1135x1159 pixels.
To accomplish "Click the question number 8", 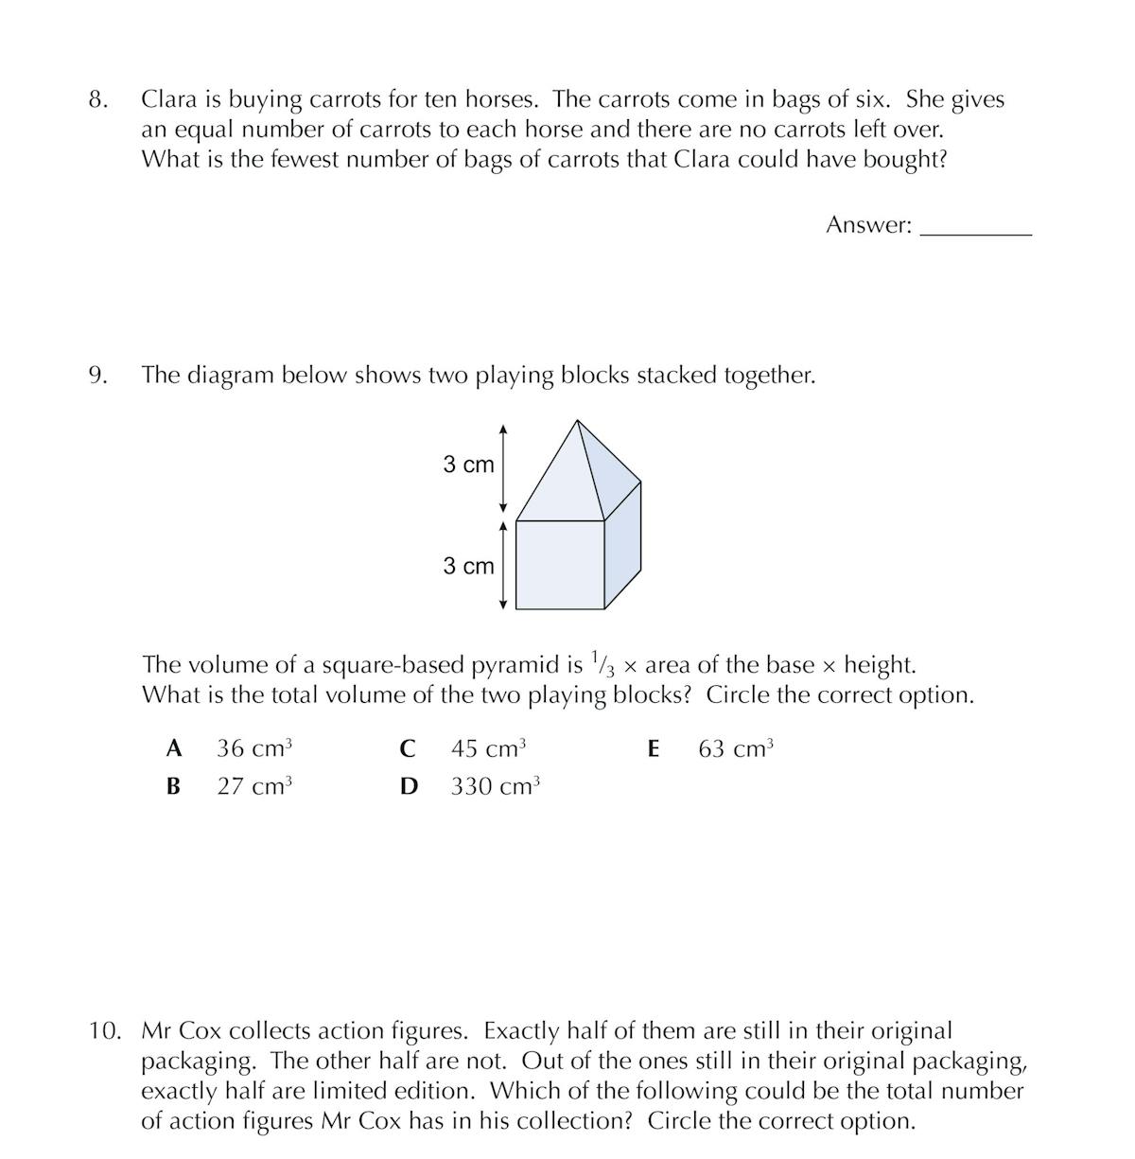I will [x=97, y=99].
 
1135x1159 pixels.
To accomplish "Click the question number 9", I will [x=97, y=376].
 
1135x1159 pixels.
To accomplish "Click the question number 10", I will [x=105, y=1030].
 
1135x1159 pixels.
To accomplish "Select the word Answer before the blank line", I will [x=868, y=225].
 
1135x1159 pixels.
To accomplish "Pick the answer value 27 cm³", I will [x=254, y=786].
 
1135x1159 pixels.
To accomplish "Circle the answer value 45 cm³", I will [x=488, y=748].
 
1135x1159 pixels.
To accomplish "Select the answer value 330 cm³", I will [x=495, y=786].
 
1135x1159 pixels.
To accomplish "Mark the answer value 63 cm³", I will [x=736, y=748].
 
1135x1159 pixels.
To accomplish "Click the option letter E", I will [x=653, y=748].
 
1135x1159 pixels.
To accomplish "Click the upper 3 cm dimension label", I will [x=468, y=465].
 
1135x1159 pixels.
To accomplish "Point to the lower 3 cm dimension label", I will [x=468, y=566].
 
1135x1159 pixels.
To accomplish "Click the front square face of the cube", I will [x=560, y=564].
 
